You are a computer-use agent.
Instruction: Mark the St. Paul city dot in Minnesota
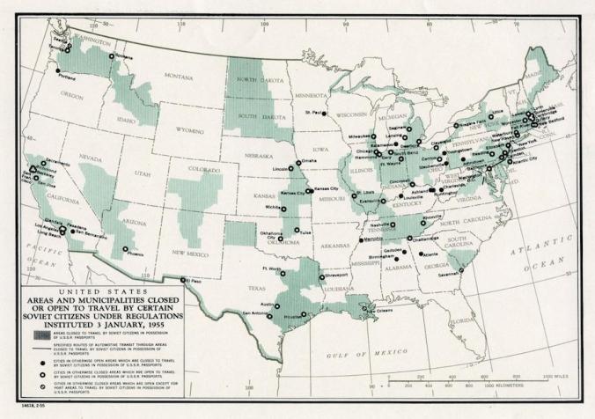coord(325,114)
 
